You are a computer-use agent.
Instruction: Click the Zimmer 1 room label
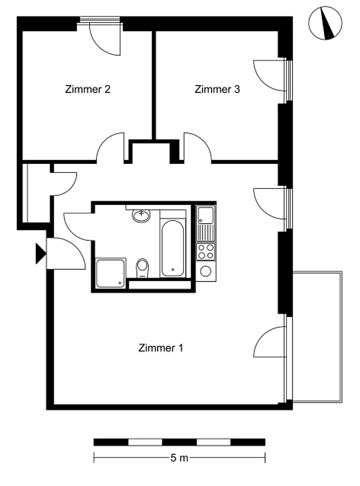click(161, 348)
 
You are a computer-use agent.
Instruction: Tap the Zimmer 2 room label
click(87, 89)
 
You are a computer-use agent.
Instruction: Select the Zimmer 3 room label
click(217, 89)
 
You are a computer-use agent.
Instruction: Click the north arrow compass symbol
click(325, 23)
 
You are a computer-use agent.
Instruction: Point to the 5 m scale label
click(179, 458)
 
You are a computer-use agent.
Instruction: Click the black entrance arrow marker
click(40, 254)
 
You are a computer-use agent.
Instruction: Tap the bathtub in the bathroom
click(172, 248)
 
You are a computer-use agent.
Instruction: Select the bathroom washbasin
click(141, 215)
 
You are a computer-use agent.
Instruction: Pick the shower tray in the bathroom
click(110, 274)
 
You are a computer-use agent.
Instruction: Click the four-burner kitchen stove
click(206, 252)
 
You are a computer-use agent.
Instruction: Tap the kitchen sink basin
click(206, 215)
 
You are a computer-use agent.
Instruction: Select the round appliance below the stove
click(206, 271)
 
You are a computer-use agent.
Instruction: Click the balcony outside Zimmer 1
click(317, 337)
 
